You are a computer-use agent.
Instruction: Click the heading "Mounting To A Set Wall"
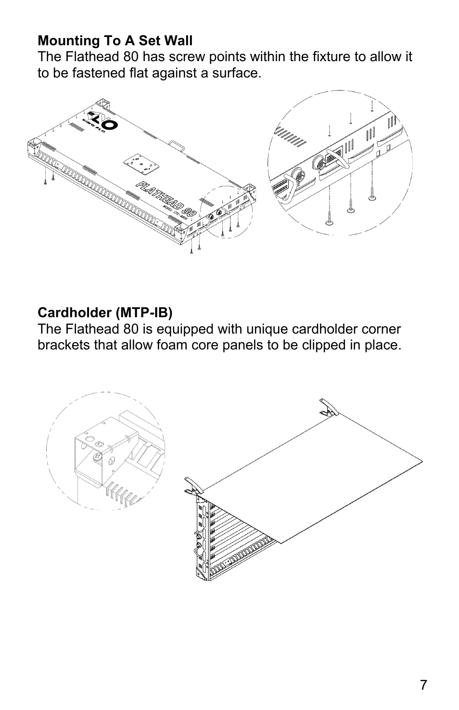pos(115,40)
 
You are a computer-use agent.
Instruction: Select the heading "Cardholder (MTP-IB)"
pos(105,313)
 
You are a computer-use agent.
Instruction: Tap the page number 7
pos(423,685)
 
